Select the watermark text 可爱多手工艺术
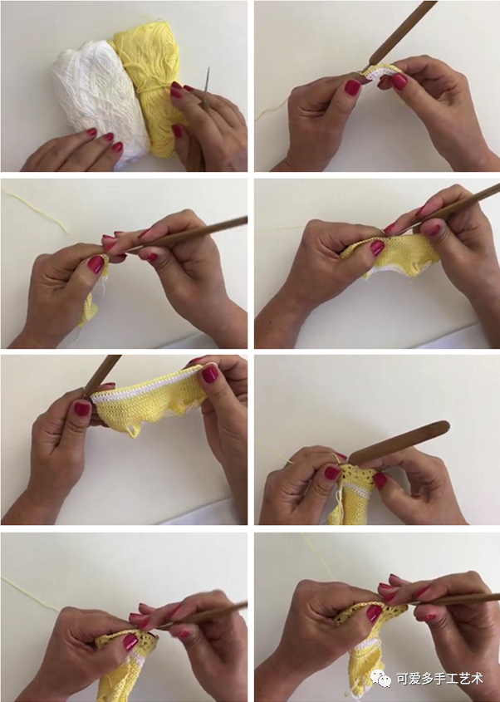439,679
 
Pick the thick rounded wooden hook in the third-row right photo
399,444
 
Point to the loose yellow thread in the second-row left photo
36,210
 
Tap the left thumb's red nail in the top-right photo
352,87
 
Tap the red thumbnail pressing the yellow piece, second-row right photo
377,248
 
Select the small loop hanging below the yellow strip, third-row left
133,430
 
